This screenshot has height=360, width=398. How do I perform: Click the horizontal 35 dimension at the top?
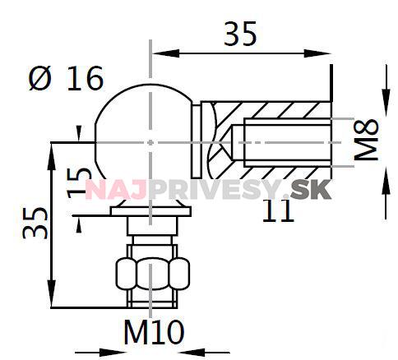tap(240, 34)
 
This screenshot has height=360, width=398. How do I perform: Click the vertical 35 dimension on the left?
tap(35, 223)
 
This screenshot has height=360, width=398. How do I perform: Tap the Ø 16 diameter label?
tap(66, 79)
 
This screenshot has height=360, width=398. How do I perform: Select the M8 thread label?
tap(366, 139)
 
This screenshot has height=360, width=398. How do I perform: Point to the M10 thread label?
tap(154, 332)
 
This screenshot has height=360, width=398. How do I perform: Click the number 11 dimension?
tap(278, 210)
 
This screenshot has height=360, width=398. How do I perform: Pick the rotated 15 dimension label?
tap(80, 182)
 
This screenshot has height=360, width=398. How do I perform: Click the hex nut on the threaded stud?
tap(152, 274)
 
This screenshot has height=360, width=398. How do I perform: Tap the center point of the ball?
tap(150, 142)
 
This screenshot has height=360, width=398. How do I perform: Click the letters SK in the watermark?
tap(311, 190)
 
